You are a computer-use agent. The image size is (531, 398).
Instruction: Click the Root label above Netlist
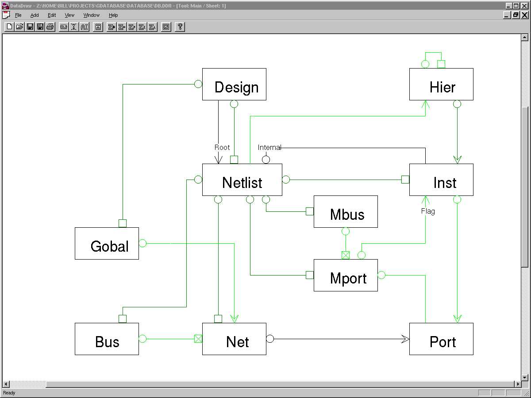point(222,147)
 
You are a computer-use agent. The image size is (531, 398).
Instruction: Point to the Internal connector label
point(269,147)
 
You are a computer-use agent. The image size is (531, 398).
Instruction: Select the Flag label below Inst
point(428,211)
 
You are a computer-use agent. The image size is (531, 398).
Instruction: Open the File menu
point(18,15)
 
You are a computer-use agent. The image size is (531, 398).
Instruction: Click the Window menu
point(92,15)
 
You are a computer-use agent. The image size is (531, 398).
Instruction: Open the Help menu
point(113,15)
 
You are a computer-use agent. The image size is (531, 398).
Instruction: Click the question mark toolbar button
point(180,27)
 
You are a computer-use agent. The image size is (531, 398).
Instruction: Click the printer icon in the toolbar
point(50,27)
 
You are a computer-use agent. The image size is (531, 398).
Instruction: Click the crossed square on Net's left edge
point(198,339)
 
